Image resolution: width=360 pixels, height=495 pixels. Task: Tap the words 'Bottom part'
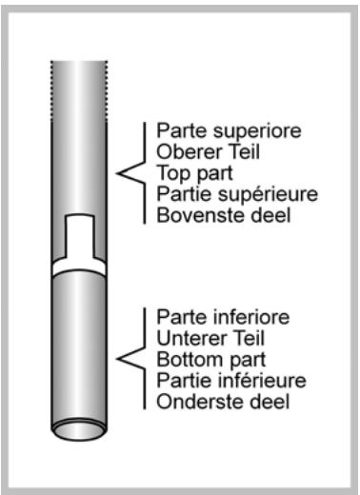(x=201, y=359)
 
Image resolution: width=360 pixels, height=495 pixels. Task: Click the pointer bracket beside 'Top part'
(x=130, y=172)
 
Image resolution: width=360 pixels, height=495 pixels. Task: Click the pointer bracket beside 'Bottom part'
(x=130, y=359)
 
